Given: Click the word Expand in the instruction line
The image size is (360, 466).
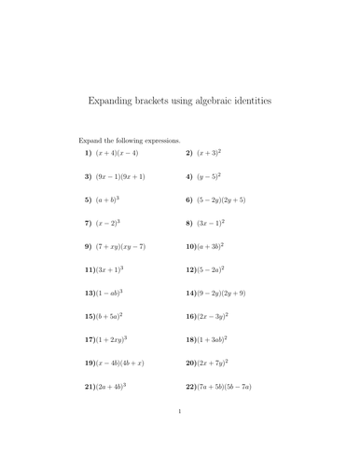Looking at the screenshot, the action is [91, 139].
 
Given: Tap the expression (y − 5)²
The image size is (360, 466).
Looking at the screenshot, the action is [209, 175].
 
